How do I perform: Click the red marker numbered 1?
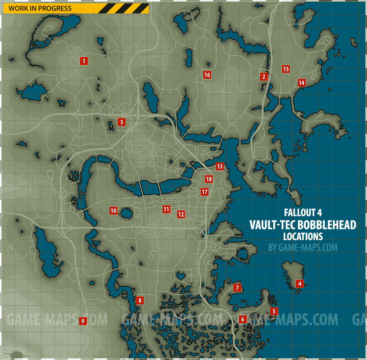pos(84,61)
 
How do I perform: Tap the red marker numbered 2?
pos(263,76)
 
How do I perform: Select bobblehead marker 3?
pos(121,122)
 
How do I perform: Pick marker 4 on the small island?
pos(299,283)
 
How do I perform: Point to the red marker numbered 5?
pos(274,311)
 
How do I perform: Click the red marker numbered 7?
pos(237,288)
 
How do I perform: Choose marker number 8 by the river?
pos(140,300)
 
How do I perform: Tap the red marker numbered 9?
pos(83,321)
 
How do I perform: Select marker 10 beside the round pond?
pos(113,210)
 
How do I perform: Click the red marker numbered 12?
pos(181,214)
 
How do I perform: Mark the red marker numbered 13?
pos(219,167)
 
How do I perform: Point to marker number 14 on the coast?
pos(301,83)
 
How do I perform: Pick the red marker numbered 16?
pos(207,75)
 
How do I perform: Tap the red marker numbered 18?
pos(209,179)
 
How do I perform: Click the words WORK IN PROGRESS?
pos(40,8)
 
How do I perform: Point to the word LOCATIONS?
pos(303,236)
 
